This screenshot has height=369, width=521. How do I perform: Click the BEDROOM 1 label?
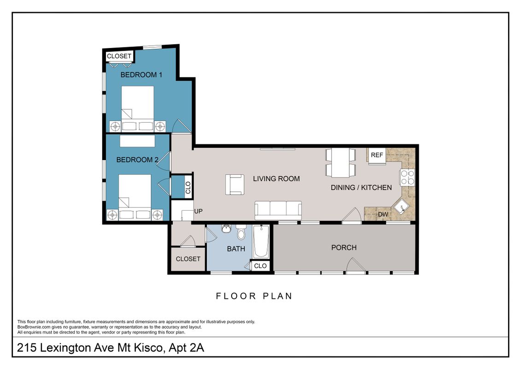[x=141, y=75]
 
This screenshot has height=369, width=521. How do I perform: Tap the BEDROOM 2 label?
[x=137, y=160]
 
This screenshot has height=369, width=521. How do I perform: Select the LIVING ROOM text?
[x=276, y=179]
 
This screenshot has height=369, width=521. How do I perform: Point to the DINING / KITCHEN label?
[x=361, y=188]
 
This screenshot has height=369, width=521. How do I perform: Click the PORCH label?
[x=344, y=248]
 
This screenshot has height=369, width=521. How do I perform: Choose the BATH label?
[x=236, y=249]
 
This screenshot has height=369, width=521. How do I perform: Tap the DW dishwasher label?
[x=383, y=214]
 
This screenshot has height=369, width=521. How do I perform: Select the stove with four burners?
[x=407, y=177]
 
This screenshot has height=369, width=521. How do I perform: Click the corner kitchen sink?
[x=402, y=208]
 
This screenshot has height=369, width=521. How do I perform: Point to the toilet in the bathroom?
[x=241, y=232]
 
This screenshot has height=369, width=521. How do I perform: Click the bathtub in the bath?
[x=261, y=242]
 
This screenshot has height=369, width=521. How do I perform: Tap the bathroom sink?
[x=226, y=229]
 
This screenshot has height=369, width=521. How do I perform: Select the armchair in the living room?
[x=235, y=184]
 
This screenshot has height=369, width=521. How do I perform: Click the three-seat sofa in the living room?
[x=278, y=210]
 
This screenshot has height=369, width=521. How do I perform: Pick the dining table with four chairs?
[x=340, y=163]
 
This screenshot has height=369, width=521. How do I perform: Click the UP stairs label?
[x=199, y=211]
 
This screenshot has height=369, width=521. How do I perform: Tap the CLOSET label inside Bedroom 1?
[x=119, y=56]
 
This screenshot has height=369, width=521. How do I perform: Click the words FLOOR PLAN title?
[x=254, y=296]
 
